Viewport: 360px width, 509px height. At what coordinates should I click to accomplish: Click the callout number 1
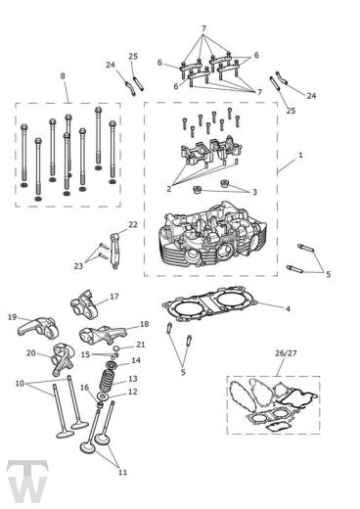click(300, 156)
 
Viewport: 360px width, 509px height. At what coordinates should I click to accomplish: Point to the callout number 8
click(64, 75)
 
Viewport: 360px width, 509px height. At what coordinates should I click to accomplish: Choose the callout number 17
click(114, 297)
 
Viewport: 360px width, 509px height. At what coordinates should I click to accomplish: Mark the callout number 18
click(144, 324)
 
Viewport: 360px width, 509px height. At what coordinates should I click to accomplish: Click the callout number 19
click(12, 317)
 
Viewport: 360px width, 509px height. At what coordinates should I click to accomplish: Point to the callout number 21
click(141, 346)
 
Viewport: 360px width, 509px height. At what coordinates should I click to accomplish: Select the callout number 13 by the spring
click(133, 378)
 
